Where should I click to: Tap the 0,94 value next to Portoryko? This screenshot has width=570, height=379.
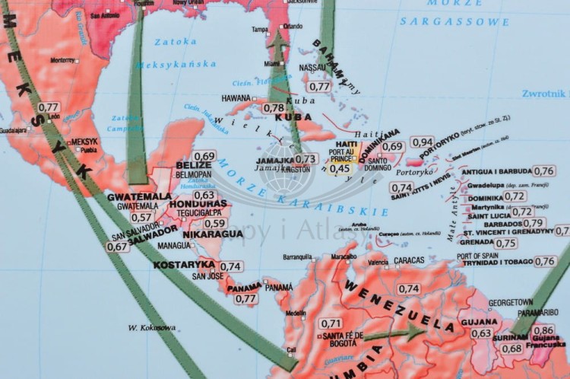pos(422,142)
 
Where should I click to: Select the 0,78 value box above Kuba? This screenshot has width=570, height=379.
pos(274,108)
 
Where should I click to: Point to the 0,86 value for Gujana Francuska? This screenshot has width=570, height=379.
pos(543,330)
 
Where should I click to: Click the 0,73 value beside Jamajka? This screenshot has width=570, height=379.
pos(306,159)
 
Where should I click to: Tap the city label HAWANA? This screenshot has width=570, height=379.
pos(236,98)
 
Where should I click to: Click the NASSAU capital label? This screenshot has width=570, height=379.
pos(313,68)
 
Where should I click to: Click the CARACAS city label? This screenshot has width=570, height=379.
pos(410,261)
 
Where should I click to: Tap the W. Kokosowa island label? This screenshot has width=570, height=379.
pos(151,327)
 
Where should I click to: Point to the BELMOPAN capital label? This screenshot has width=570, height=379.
pos(194,174)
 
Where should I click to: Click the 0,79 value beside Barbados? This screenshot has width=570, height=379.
pos(534,223)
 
